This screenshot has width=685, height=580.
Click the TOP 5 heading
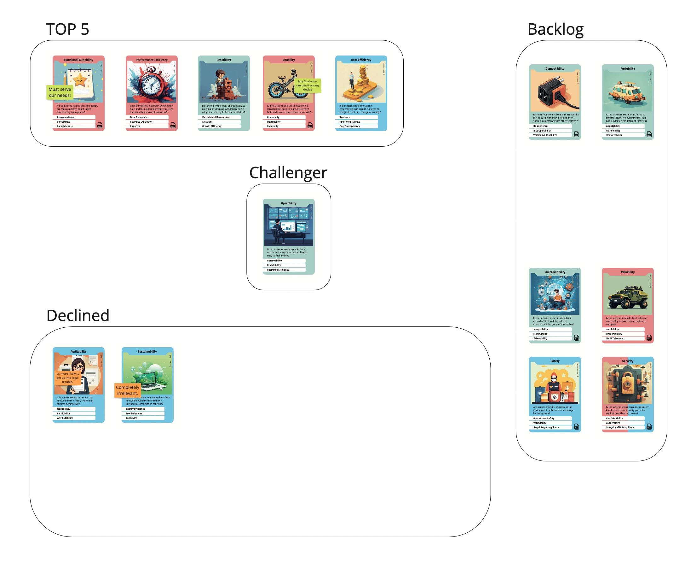coord(67,29)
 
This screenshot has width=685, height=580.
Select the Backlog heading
coord(555,29)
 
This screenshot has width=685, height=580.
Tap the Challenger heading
coord(288,173)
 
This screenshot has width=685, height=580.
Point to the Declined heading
coord(78,316)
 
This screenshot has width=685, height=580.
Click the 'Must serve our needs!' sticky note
coord(60,92)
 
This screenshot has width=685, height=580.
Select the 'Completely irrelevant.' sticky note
coord(127,390)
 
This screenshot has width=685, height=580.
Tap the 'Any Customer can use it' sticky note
coord(307,85)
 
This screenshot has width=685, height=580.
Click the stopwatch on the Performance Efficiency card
coord(151,82)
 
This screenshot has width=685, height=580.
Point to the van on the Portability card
coord(627,92)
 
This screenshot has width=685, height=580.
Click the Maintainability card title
coord(555,272)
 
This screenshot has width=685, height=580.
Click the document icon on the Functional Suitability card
coord(100,125)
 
